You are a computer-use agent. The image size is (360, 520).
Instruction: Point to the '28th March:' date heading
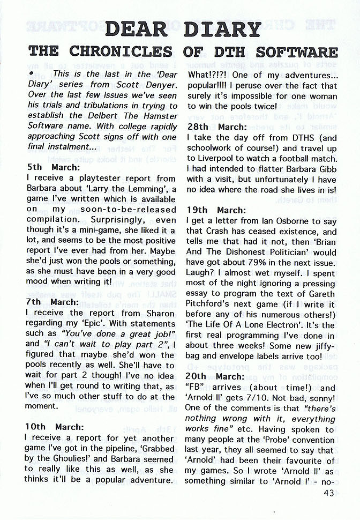(216, 127)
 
